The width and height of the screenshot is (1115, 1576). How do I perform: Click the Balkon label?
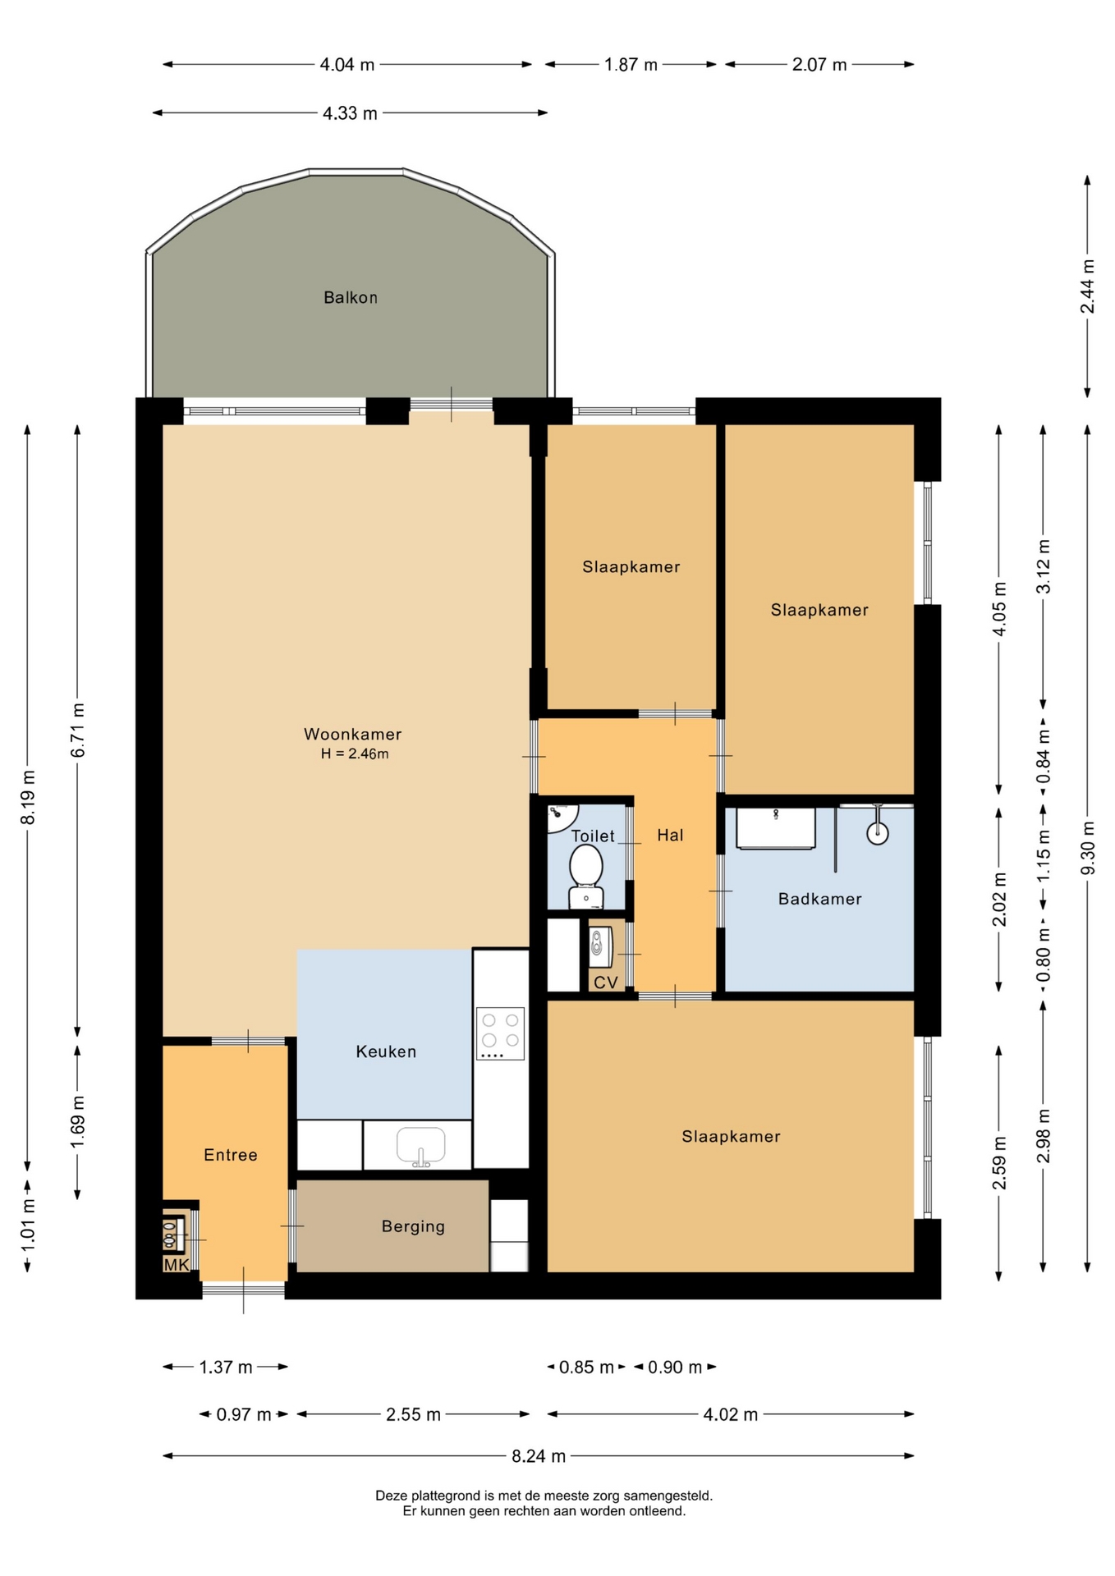coord(351,298)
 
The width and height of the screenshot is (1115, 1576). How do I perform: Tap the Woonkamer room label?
coord(353,735)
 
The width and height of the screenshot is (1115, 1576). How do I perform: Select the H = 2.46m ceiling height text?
coord(355,754)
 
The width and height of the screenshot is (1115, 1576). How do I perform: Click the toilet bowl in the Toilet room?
coord(586,875)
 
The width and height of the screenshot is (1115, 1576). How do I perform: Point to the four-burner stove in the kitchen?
coord(500,1033)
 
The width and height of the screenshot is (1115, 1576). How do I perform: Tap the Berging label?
coord(413,1227)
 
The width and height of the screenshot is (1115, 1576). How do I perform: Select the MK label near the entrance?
coord(177,1265)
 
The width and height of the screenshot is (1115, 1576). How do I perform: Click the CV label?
coord(606,983)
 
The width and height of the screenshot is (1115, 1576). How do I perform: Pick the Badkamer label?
coord(820,900)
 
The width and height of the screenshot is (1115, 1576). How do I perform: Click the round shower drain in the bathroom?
coord(878,834)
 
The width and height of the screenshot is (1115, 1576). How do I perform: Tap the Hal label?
coord(670,836)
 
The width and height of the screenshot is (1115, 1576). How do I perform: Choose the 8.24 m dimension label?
coord(539,1456)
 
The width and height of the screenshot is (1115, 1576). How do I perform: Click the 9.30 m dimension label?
coord(1088,848)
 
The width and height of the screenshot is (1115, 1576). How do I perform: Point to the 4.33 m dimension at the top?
coord(350,113)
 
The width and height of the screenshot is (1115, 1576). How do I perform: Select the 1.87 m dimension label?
coord(631,65)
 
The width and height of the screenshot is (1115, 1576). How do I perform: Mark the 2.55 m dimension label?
coord(413,1414)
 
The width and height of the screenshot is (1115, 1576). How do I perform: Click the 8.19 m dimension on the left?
coord(28,797)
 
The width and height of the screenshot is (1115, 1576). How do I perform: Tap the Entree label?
coord(231,1156)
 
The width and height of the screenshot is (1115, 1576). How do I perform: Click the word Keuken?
coord(386,1052)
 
